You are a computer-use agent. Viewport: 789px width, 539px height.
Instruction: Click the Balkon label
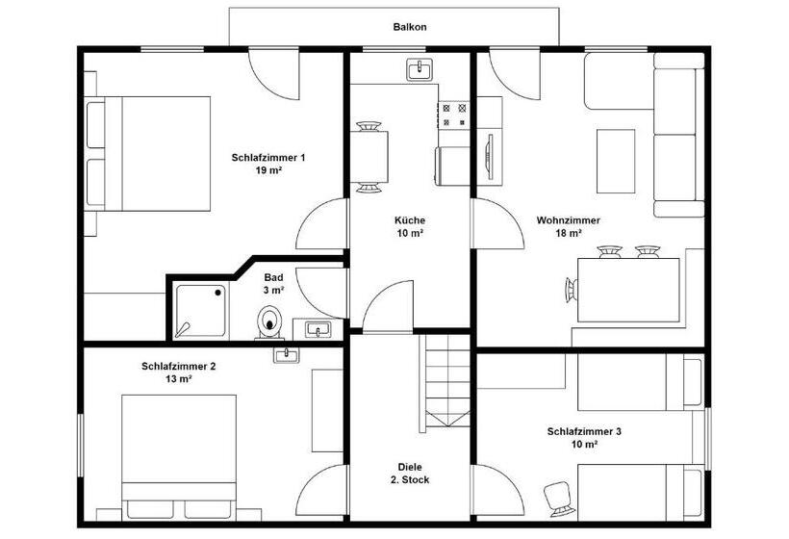[410, 27]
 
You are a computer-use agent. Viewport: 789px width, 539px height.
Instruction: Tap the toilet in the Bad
[269, 322]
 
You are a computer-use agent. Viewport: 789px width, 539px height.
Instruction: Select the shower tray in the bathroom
[200, 311]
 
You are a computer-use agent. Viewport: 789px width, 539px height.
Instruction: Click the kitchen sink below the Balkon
[419, 70]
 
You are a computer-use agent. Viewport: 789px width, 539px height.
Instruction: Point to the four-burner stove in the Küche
[454, 115]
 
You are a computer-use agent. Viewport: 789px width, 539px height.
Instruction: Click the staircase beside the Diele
[445, 381]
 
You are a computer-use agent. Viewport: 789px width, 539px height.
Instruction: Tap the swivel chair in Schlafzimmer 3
[558, 499]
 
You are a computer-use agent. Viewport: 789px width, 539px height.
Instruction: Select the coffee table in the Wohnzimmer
[616, 161]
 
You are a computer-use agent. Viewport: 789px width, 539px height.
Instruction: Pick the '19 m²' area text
[268, 170]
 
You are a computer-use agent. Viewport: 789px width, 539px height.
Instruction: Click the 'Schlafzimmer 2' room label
[179, 367]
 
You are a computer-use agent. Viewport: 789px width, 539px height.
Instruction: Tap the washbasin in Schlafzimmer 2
[287, 354]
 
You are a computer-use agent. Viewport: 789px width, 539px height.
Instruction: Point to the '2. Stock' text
[410, 480]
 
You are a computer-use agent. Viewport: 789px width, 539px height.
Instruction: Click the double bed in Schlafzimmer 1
[148, 153]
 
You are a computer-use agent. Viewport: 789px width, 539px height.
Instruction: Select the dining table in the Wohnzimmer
[628, 290]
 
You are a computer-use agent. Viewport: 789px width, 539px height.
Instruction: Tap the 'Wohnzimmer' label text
[568, 220]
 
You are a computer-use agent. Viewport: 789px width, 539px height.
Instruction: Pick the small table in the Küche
[369, 157]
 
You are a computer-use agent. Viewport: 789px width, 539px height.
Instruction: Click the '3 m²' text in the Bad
[273, 291]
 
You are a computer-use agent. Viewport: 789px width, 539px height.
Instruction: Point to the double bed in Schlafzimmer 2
[179, 456]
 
